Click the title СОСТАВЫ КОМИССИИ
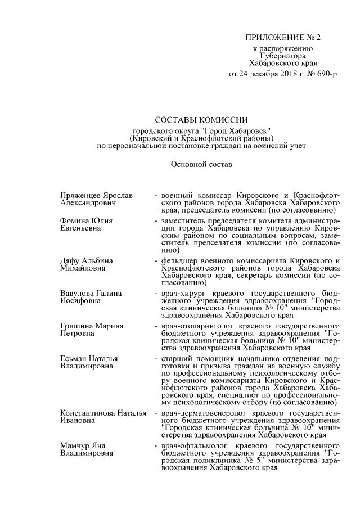tap(201, 120)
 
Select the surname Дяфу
tap(70, 261)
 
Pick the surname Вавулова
tap(77, 294)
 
